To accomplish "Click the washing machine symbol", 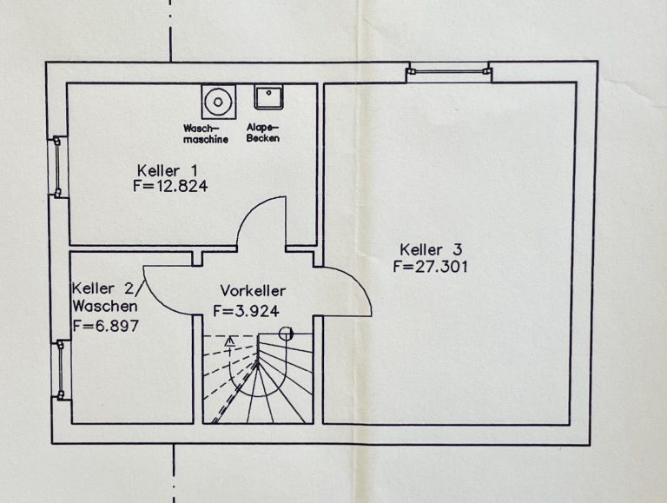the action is coord(218,102).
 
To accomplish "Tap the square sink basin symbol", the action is coord(268,97).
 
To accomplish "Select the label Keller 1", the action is coord(168,170).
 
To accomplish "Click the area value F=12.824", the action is coord(170,187).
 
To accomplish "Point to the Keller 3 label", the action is coord(431,249).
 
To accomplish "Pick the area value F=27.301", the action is coord(430,267).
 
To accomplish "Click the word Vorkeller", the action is coord(253,291).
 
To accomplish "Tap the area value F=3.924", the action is coord(246,311).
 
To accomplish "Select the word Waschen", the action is coord(105,306).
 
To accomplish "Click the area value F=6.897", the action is coord(106,326).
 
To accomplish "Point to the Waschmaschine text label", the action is coord(206,134).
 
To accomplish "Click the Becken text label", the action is coord(263,138).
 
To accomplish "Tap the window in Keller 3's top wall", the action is coord(449,72).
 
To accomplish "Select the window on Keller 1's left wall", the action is coord(57,167).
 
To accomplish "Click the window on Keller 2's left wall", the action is coord(62,370).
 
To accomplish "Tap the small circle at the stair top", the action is coord(286,334).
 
